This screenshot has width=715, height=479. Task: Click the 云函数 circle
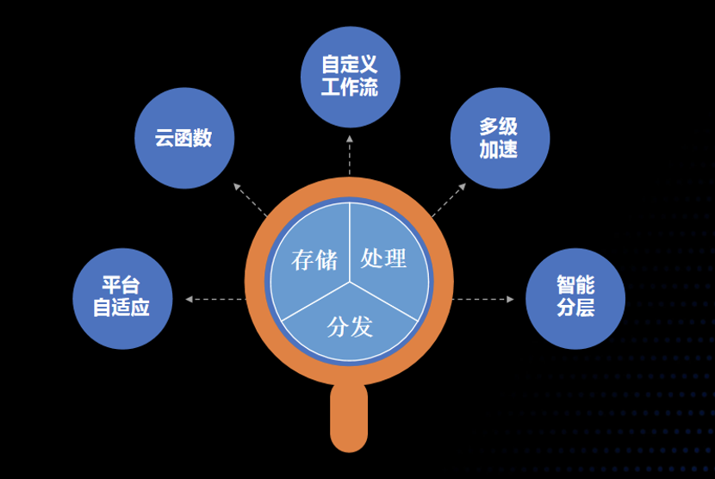[x=184, y=138]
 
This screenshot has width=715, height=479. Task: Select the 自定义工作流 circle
[x=350, y=77]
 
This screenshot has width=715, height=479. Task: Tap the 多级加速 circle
[x=500, y=138]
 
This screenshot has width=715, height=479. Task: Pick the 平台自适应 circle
[x=122, y=298]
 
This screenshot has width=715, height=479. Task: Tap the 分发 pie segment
[x=350, y=327]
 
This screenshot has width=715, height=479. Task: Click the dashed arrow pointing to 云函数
[x=251, y=199]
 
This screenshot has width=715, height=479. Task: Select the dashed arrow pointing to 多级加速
[x=449, y=199]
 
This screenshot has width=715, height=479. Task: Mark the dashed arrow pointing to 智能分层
[x=482, y=299]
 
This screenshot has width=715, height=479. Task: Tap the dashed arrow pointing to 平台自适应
[x=215, y=299]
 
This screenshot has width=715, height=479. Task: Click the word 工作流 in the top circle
[x=350, y=88]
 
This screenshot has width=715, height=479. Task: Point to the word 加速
[x=500, y=149]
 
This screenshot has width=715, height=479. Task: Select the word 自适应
[x=122, y=308]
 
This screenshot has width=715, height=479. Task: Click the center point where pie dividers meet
[x=350, y=281]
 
